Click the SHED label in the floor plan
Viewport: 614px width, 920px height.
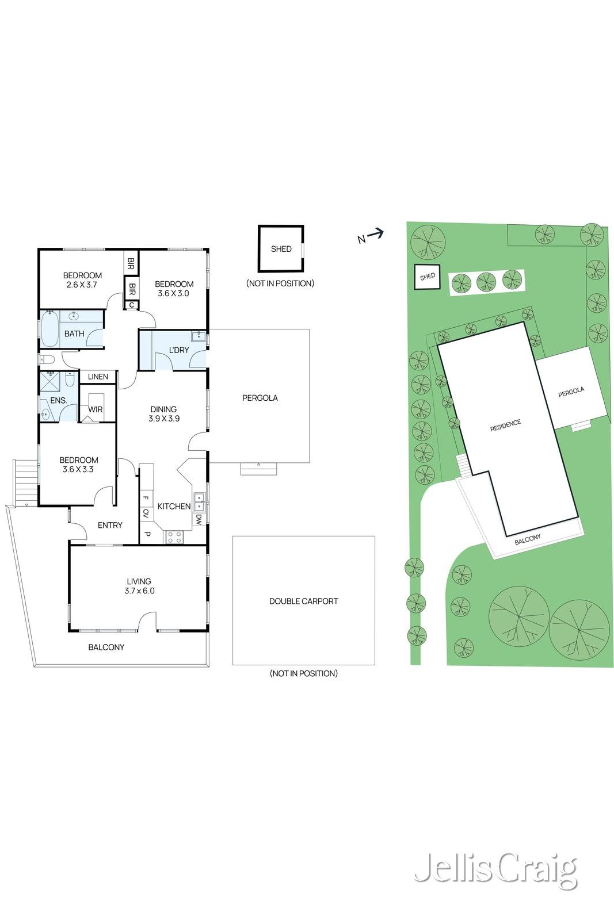click(281, 249)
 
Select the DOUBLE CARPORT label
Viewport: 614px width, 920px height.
click(303, 601)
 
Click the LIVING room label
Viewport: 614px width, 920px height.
click(139, 581)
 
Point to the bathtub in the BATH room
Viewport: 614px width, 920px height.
click(48, 329)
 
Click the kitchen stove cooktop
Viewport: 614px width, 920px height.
click(174, 537)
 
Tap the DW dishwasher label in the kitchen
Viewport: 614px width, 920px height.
click(198, 520)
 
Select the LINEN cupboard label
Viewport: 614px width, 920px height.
click(98, 377)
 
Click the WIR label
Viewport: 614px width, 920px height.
click(96, 409)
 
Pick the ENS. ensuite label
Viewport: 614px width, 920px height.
click(59, 400)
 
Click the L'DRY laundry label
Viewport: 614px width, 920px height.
click(179, 350)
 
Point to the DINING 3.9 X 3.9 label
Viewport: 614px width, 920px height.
click(164, 414)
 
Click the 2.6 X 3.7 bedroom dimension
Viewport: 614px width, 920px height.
click(82, 284)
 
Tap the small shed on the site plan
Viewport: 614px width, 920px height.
click(428, 277)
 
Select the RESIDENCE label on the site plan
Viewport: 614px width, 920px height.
click(505, 425)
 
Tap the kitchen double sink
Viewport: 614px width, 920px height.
click(199, 502)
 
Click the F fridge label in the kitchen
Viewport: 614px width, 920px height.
click(146, 498)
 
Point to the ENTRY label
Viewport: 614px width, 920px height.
click(110, 525)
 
